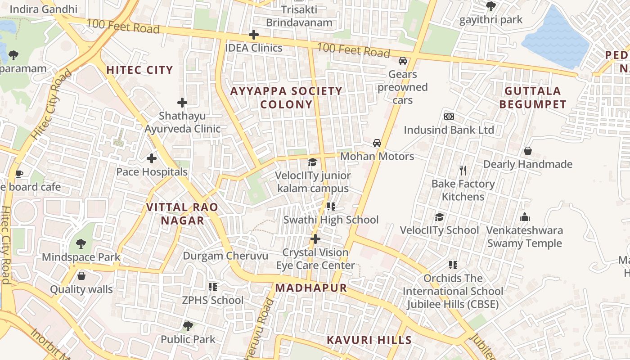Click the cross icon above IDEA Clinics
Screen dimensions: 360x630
pos(254,35)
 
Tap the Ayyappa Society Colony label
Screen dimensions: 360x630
pos(286,98)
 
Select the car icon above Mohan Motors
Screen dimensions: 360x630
pos(377,143)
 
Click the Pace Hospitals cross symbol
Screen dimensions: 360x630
pos(152,158)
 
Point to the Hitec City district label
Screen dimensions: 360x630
pos(139,70)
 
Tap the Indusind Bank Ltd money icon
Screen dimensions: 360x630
pos(449,117)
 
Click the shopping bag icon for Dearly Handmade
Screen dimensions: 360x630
pos(527,151)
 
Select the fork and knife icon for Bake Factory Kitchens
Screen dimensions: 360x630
pos(463,170)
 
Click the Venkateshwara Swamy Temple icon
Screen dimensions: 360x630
pos(525,217)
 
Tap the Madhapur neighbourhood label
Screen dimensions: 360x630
pos(311,288)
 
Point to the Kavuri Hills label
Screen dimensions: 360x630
pos(369,340)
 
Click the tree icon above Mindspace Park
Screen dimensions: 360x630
pos(81,244)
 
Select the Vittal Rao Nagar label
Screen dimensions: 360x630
pos(182,214)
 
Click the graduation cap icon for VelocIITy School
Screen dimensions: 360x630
pos(439,217)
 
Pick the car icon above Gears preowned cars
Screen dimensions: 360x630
pos(403,61)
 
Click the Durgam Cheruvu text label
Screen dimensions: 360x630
pos(225,256)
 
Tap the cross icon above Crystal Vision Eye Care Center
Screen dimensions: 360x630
pos(315,238)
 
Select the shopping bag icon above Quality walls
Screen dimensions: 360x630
pos(81,276)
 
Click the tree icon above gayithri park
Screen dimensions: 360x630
pos(491,6)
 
